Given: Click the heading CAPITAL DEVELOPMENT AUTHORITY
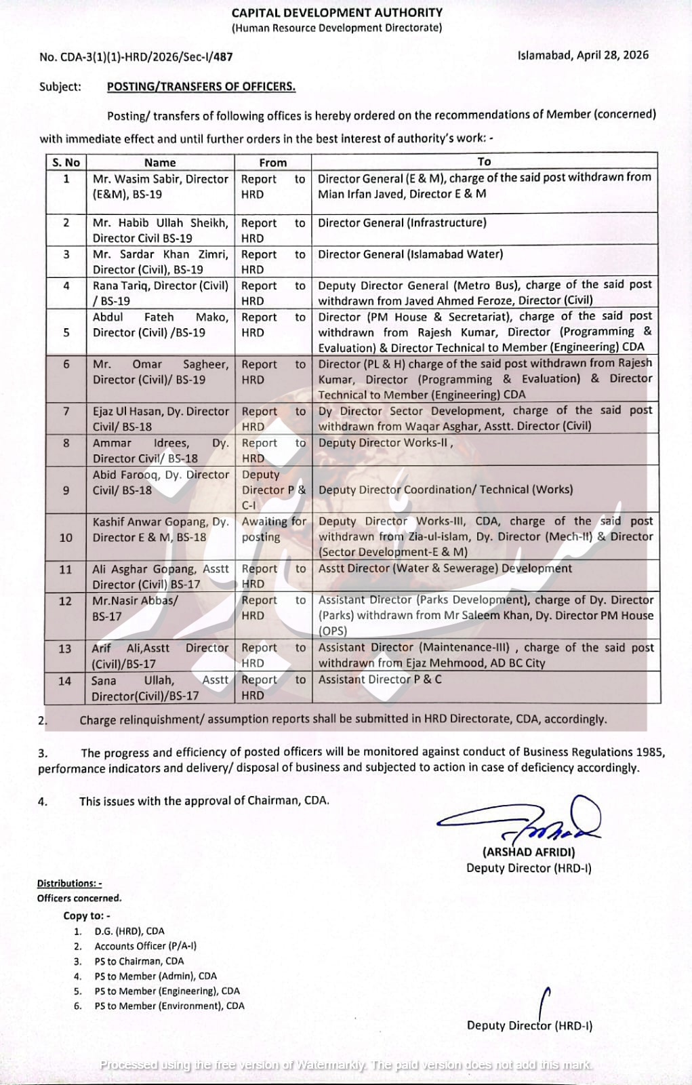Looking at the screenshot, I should pyautogui.click(x=337, y=12).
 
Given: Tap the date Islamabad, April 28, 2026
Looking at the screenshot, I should pyautogui.click(x=583, y=55).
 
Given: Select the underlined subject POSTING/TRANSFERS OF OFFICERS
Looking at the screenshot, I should pyautogui.click(x=201, y=87).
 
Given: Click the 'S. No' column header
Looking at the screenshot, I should pyautogui.click(x=66, y=162).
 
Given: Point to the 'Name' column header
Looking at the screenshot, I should pyautogui.click(x=160, y=162).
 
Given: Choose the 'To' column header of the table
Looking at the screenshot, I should pyautogui.click(x=484, y=161).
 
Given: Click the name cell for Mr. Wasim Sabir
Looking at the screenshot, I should pyautogui.click(x=161, y=186).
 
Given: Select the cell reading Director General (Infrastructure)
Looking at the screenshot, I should pyautogui.click(x=402, y=222).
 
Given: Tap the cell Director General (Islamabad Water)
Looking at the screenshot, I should pyautogui.click(x=410, y=254).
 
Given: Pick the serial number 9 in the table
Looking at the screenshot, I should pyautogui.click(x=66, y=490).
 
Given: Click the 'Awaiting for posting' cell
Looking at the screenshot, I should pyautogui.click(x=274, y=529).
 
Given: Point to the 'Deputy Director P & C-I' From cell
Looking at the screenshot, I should pyautogui.click(x=274, y=490).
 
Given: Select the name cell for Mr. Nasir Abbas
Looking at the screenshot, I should pyautogui.click(x=136, y=608).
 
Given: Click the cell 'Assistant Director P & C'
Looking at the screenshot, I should pyautogui.click(x=380, y=679).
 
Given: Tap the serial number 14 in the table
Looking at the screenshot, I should pyautogui.click(x=65, y=681).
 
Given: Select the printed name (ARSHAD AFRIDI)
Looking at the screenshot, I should pyautogui.click(x=529, y=852).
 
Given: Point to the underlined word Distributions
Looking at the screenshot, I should pyautogui.click(x=68, y=883).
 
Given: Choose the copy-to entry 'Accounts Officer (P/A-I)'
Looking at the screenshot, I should pyautogui.click(x=145, y=946).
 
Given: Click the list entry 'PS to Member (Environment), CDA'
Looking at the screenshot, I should pyautogui.click(x=169, y=1006).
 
